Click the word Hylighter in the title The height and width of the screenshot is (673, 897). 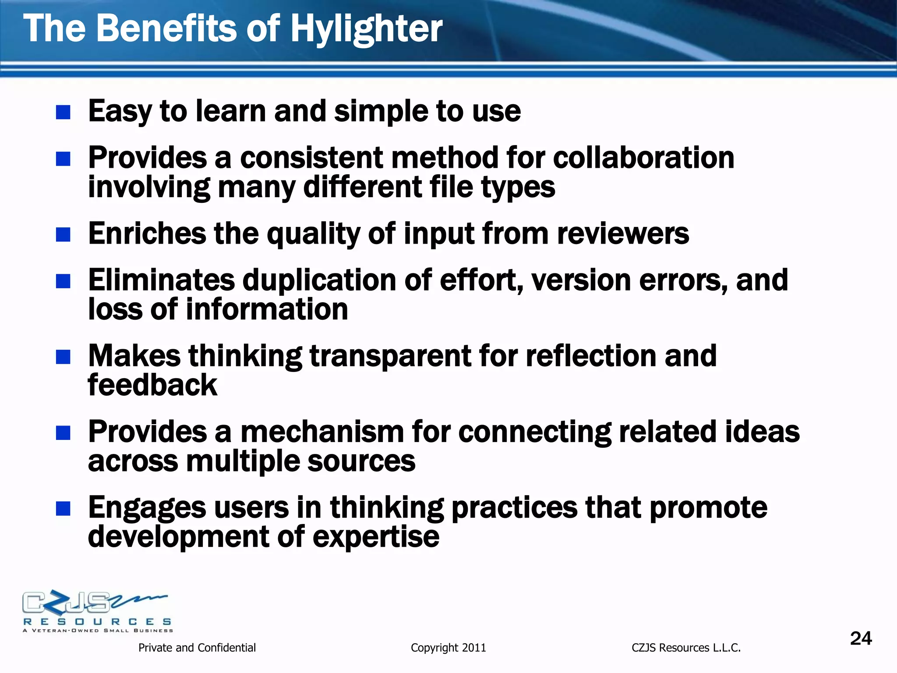[366, 29]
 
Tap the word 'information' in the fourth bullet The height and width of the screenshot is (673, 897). [267, 309]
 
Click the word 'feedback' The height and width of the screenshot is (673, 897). [152, 385]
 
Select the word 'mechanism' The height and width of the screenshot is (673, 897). [321, 432]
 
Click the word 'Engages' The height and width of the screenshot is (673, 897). [147, 508]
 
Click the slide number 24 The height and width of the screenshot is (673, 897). [861, 638]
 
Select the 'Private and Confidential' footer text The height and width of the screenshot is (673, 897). [197, 648]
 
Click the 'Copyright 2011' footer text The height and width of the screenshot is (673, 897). [448, 648]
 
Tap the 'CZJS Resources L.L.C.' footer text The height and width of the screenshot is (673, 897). [686, 648]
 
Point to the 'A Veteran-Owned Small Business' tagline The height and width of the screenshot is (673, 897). [98, 631]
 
